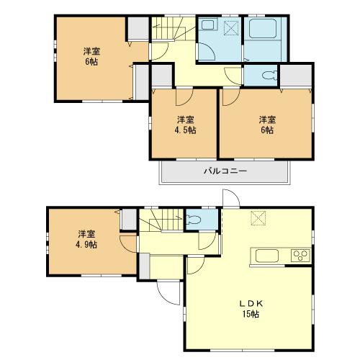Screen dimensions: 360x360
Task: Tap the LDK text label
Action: pyautogui.click(x=247, y=304)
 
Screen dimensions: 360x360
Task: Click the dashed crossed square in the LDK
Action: pyautogui.click(x=257, y=219)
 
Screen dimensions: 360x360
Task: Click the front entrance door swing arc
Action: pyautogui.click(x=166, y=291)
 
